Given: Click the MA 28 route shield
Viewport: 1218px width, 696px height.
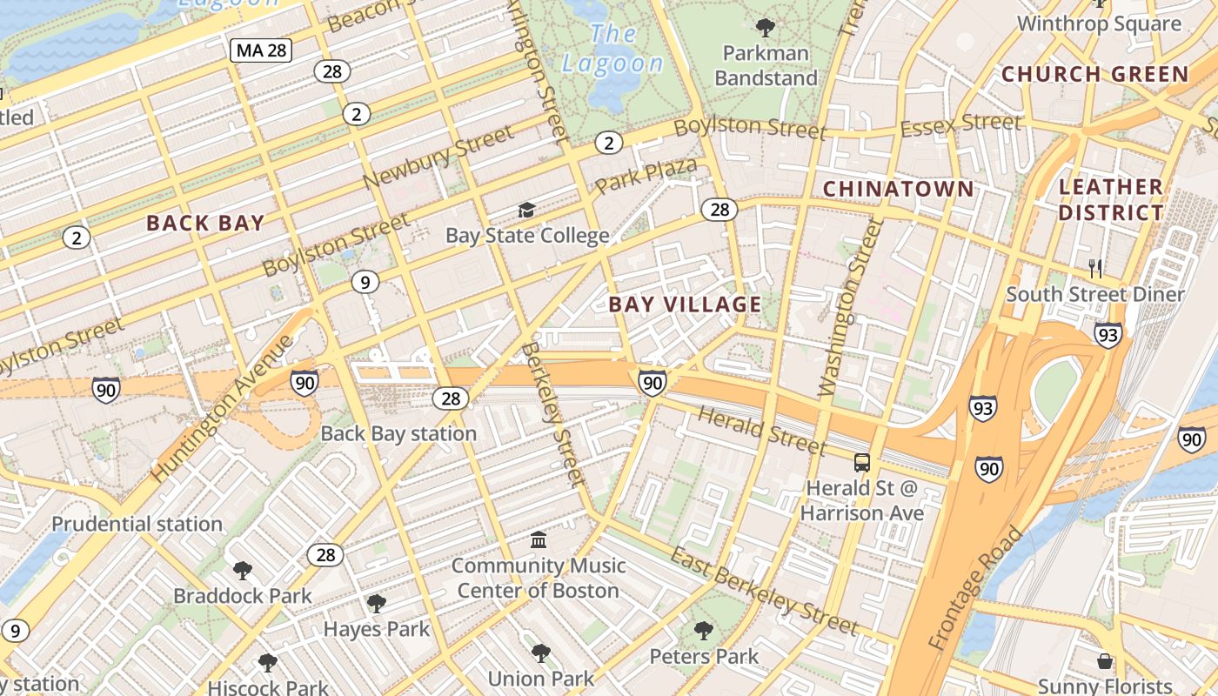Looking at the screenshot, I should (261, 50).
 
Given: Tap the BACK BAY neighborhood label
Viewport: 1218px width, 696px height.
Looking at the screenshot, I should (205, 223).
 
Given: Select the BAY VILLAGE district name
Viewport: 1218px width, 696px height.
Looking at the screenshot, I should (685, 304).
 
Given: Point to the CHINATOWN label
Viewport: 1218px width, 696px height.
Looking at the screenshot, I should (899, 189).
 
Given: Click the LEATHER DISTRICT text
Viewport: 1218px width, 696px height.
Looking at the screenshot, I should (1111, 199).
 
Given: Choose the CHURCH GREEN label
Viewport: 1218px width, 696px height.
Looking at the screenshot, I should (1094, 74).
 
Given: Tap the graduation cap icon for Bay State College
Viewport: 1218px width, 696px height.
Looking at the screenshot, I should (526, 211).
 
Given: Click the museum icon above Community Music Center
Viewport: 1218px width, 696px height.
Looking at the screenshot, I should (539, 540).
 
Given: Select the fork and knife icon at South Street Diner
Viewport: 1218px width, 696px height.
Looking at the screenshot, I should (1095, 269).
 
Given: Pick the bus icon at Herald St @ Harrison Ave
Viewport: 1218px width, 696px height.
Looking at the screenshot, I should (861, 462).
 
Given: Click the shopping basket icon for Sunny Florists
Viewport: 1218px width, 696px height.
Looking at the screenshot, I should (1105, 661).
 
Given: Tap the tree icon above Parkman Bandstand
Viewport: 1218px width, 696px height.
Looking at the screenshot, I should (766, 28).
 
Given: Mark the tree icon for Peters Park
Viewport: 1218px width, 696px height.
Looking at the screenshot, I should (704, 631).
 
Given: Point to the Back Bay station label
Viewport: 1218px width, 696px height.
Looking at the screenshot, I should (398, 433).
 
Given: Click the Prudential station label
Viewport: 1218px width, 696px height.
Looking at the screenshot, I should (137, 524).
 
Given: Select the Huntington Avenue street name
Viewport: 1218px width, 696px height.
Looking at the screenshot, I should (224, 408).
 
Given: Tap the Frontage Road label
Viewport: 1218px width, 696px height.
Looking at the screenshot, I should (975, 589).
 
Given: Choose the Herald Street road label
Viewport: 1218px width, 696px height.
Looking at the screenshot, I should (761, 431).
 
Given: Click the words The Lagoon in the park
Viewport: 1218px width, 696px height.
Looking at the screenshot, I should (612, 49).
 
